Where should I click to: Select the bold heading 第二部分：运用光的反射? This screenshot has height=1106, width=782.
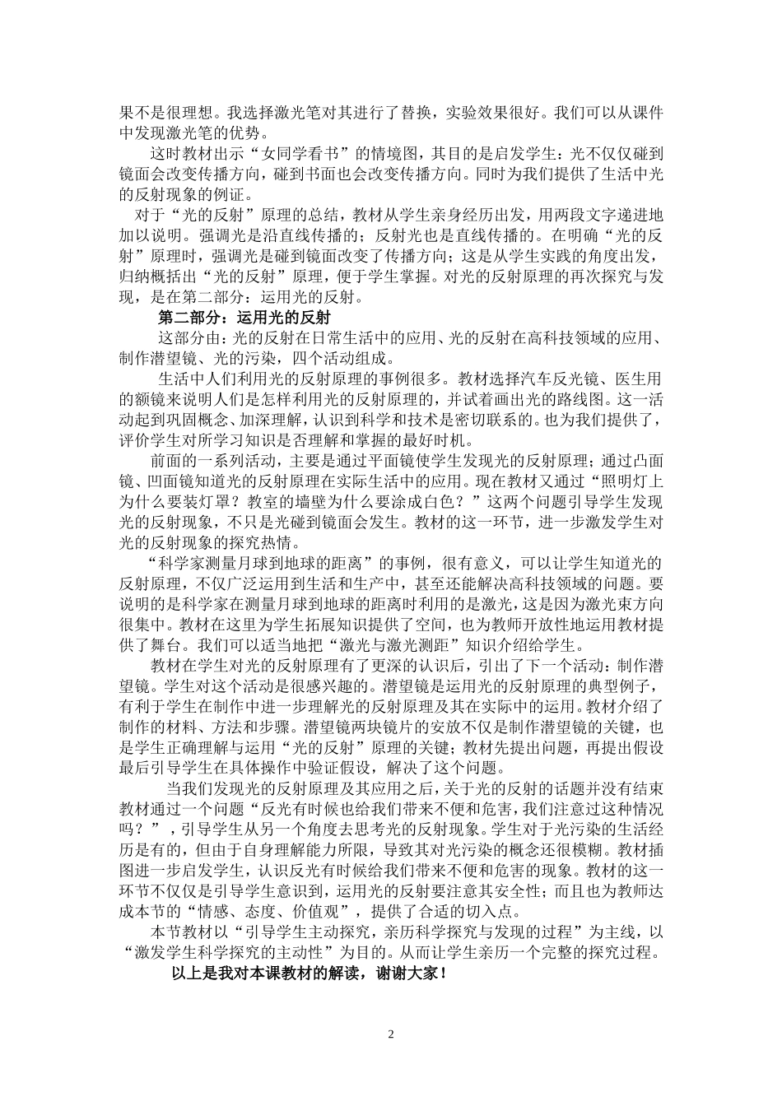pyautogui.click(x=244, y=317)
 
